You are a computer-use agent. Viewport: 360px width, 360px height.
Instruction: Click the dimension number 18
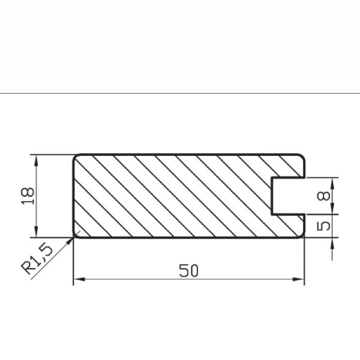point(28,196)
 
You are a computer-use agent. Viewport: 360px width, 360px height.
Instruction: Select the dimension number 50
point(188,271)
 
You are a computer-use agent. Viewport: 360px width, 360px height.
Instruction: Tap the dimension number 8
point(323,196)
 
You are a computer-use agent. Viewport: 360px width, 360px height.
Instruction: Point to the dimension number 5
point(323,226)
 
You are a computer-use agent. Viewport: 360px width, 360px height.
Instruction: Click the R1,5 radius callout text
point(37,259)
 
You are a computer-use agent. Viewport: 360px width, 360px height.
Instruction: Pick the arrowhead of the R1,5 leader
point(70,241)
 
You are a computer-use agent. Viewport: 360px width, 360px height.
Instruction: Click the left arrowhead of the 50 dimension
point(79,279)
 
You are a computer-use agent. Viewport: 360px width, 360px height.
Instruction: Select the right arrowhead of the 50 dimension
point(298,279)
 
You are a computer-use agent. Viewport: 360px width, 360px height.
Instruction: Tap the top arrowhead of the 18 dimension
point(36,161)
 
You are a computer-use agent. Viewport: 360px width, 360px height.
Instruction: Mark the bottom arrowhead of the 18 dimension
point(36,232)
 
